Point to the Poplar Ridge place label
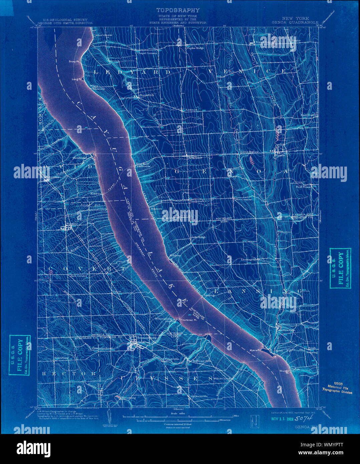coord(196,48)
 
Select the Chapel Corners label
coord(147,53)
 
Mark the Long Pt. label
coord(77,79)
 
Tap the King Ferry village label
coord(195,157)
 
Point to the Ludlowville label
coord(287,330)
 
